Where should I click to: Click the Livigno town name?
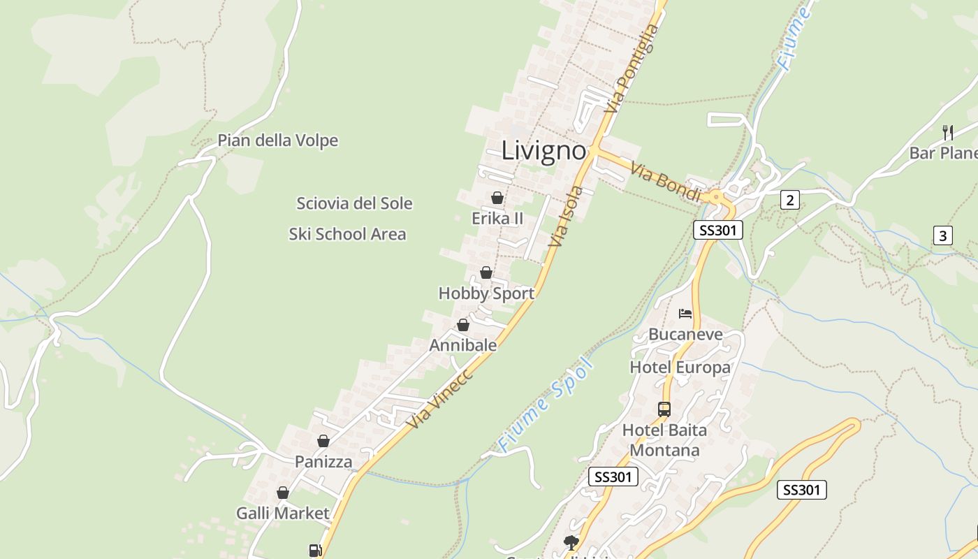(543, 151)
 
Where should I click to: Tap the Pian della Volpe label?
(277, 140)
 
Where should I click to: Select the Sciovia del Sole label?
(354, 203)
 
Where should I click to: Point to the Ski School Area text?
(347, 234)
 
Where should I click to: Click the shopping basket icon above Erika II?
(497, 198)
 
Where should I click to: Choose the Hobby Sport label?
(486, 293)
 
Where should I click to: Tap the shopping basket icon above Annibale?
(462, 325)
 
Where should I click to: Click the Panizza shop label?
(323, 462)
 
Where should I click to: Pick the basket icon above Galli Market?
(283, 493)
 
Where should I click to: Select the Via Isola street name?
(566, 216)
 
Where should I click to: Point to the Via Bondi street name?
(665, 182)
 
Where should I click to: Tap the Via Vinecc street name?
(440, 398)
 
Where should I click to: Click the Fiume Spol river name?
(546, 405)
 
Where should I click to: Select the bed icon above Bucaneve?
(685, 314)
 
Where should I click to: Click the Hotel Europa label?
(680, 368)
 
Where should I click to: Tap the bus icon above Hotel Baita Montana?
(664, 409)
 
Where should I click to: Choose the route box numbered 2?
(789, 201)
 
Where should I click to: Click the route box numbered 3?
(942, 235)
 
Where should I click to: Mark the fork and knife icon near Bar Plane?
(948, 131)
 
